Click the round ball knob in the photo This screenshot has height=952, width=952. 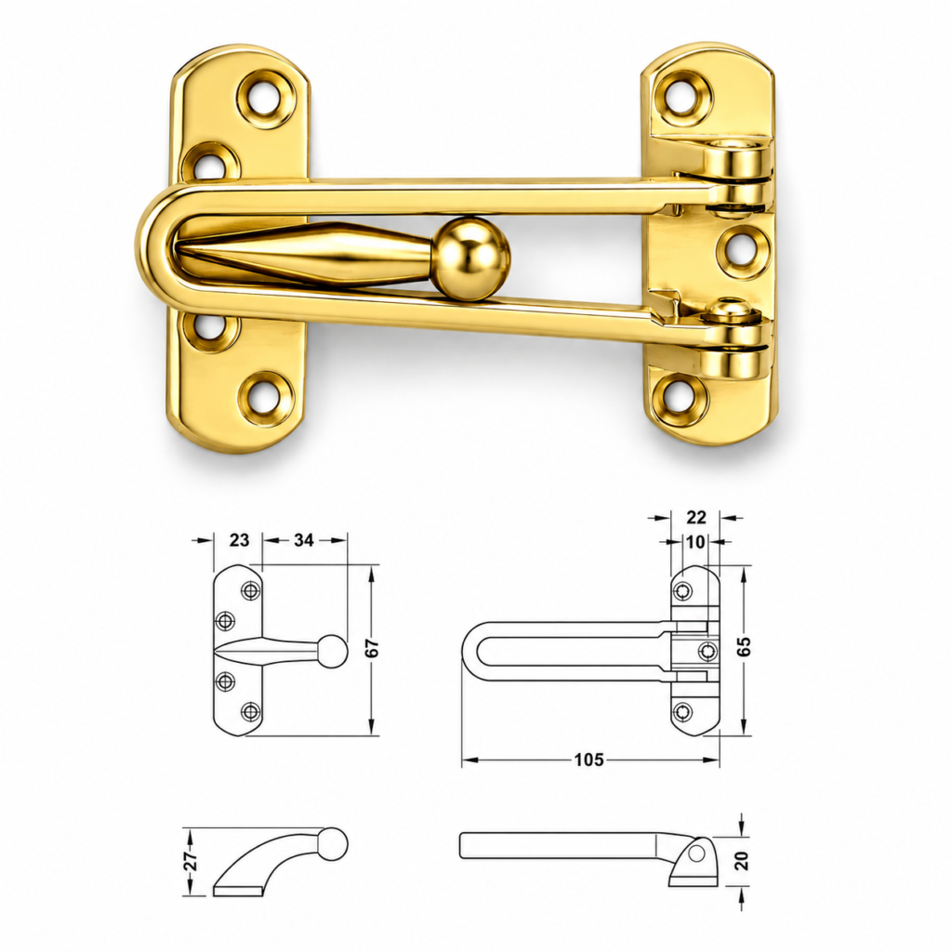tap(474, 250)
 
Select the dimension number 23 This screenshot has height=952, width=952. tap(239, 540)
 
